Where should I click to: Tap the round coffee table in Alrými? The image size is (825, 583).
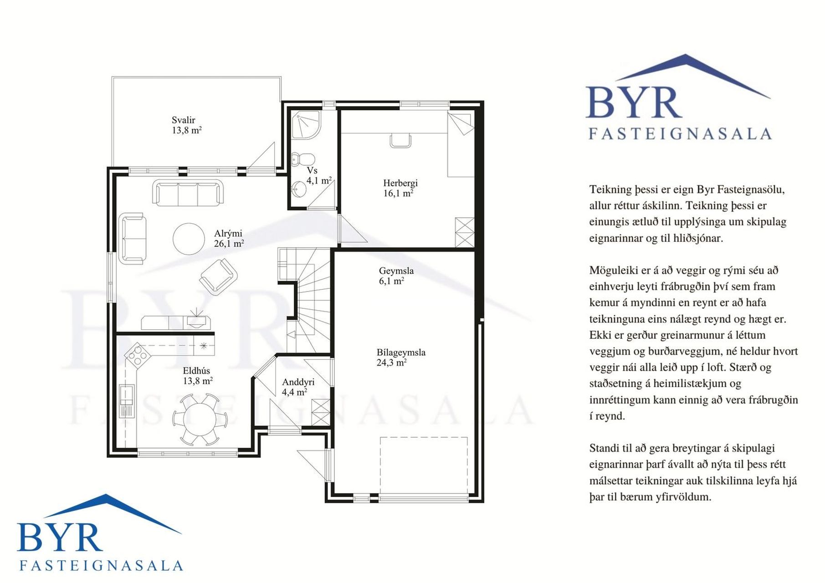pyautogui.click(x=189, y=239)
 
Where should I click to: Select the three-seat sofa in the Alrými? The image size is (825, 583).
pyautogui.click(x=188, y=192)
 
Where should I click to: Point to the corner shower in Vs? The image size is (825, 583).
pyautogui.click(x=306, y=124)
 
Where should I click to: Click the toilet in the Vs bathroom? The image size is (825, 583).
pyautogui.click(x=303, y=159)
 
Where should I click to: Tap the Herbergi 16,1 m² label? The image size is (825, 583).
pyautogui.click(x=400, y=188)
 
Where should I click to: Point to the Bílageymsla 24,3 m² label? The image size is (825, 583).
pyautogui.click(x=401, y=358)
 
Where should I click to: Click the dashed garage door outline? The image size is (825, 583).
pyautogui.click(x=424, y=465)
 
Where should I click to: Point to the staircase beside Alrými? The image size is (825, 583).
pyautogui.click(x=304, y=301)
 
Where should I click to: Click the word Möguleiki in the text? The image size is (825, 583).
pyautogui.click(x=614, y=271)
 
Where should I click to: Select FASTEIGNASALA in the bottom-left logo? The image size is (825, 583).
pyautogui.click(x=101, y=566)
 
